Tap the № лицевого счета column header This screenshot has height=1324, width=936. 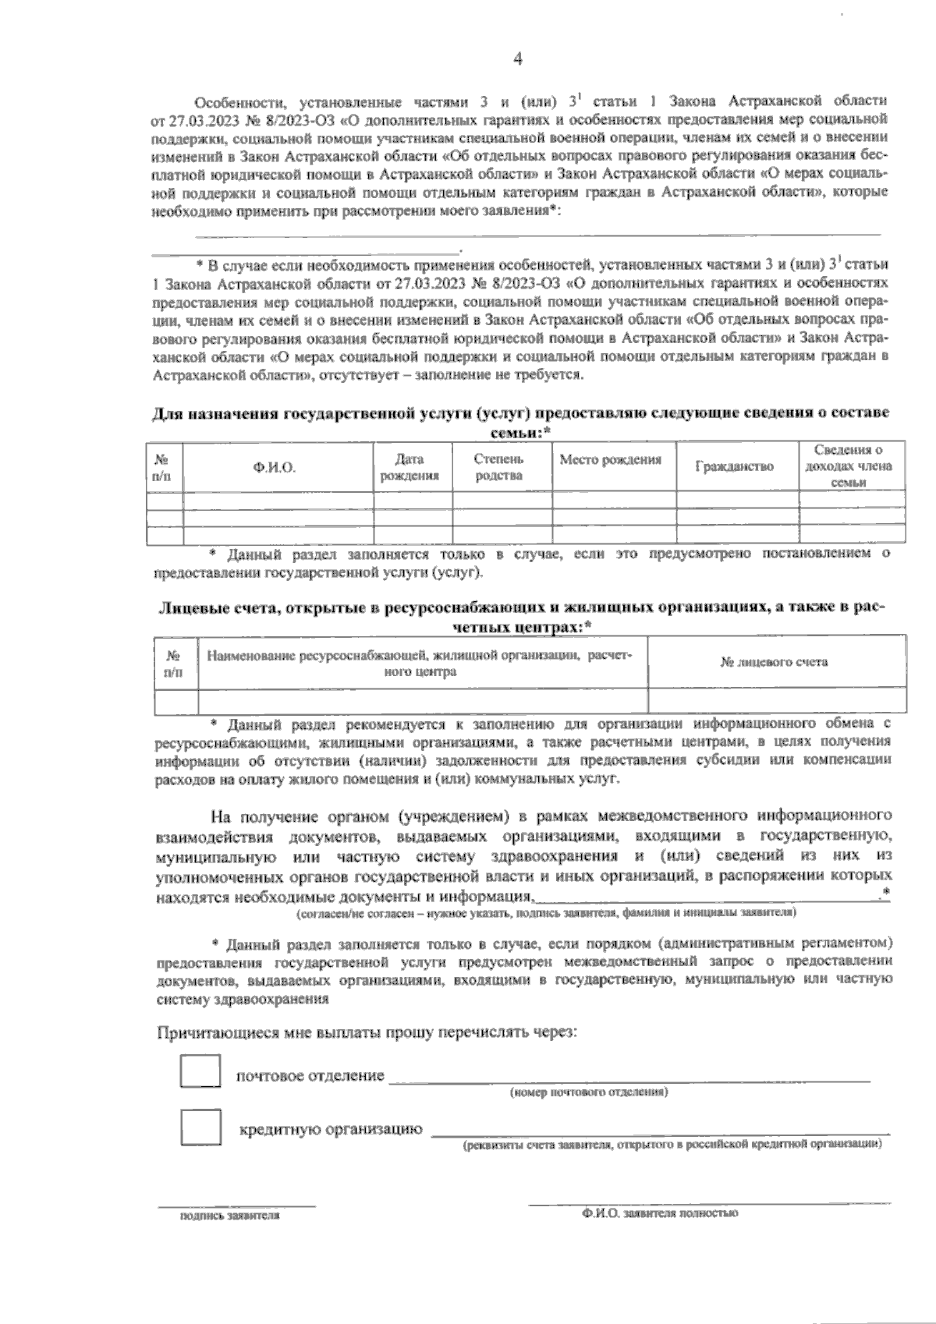(775, 662)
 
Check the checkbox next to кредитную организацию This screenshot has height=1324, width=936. (200, 1128)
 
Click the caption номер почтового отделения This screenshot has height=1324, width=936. (589, 1092)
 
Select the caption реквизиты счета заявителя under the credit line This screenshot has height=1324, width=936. (672, 1145)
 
